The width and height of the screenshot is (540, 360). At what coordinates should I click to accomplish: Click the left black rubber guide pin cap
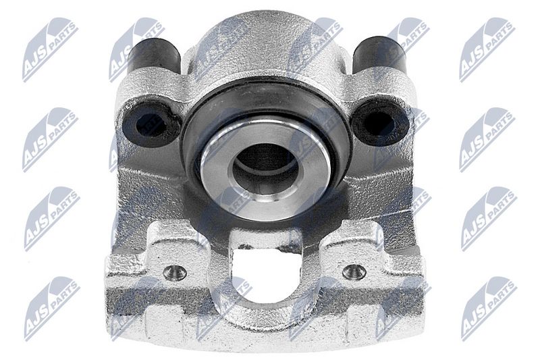154,56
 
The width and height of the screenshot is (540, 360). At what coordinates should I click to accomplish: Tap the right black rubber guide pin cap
379,55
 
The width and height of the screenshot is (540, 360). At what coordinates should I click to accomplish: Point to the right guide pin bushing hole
379,123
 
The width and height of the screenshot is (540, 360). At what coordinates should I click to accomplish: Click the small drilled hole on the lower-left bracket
175,272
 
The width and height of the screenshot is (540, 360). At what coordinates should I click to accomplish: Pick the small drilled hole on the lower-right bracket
354,272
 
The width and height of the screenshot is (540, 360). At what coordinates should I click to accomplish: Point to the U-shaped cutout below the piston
264,276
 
